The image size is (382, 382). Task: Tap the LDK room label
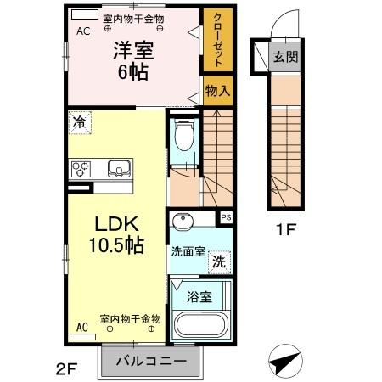(x=116, y=235)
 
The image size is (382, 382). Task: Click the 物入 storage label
(x=217, y=91)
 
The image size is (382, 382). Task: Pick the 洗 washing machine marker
(x=219, y=261)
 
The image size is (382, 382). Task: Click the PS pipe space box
(x=225, y=218)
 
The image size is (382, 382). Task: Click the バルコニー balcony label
(x=150, y=362)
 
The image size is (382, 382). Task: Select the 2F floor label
(x=66, y=368)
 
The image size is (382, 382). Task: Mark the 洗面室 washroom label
(x=188, y=252)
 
